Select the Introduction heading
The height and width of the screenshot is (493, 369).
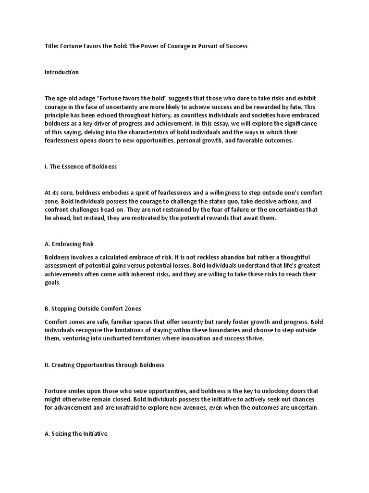click(x=61, y=72)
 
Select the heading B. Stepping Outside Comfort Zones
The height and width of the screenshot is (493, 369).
click(x=93, y=308)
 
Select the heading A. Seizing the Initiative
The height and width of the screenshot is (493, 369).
click(x=76, y=434)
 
